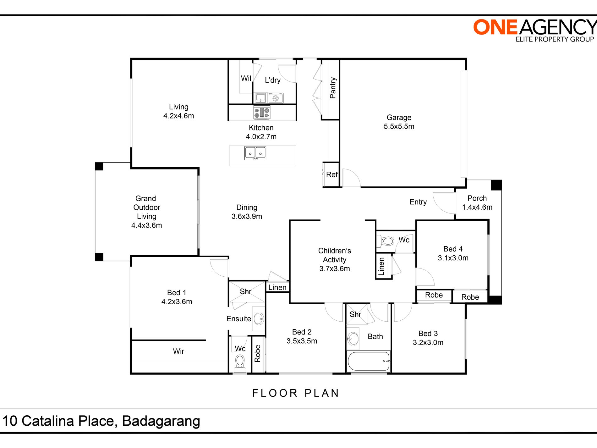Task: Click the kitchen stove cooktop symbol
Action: pos(262,113)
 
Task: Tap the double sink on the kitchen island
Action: pos(255,153)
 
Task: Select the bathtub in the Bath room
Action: pos(369,361)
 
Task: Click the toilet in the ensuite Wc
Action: pos(240,362)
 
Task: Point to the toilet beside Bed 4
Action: pos(388,241)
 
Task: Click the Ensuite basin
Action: pos(259,319)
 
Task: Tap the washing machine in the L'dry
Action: pos(276,98)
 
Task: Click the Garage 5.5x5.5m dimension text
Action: pos(399,126)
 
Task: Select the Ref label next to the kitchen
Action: pos(331,174)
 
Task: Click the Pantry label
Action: pos(333,88)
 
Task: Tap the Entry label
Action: pos(418,202)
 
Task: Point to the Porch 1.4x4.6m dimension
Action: pos(477,207)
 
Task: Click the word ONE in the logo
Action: pos(495,27)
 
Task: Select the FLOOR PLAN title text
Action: pos(296,393)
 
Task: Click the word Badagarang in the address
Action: pos(161,421)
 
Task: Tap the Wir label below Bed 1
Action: pos(178,351)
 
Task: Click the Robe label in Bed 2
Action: pos(258,353)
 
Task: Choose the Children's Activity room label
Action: pos(334,260)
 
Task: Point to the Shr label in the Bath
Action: pos(355,314)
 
